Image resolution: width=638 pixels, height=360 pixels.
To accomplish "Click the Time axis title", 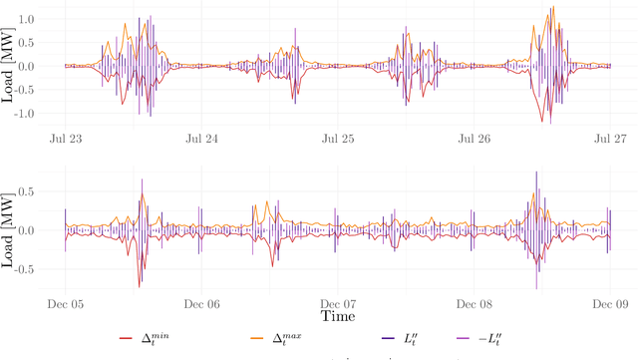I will click(x=337, y=315).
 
